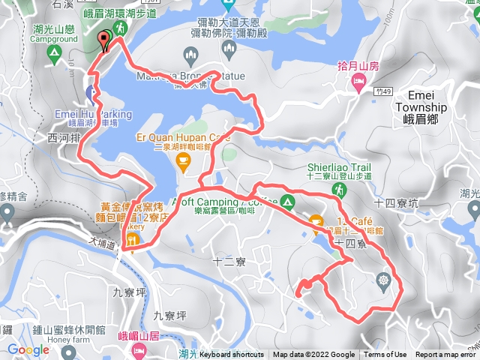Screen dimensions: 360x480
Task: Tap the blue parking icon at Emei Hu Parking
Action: (91, 94)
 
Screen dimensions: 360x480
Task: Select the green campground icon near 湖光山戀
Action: (53, 53)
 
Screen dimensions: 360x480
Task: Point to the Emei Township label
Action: (421, 101)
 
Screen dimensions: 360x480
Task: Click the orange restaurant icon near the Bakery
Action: (132, 240)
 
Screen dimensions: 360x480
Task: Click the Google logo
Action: (28, 349)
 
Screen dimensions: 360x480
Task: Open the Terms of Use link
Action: (385, 355)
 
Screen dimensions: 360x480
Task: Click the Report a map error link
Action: (446, 355)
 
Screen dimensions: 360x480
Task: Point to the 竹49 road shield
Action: (383, 90)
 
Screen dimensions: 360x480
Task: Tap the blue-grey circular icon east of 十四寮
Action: (385, 280)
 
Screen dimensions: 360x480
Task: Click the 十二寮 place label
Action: (226, 262)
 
